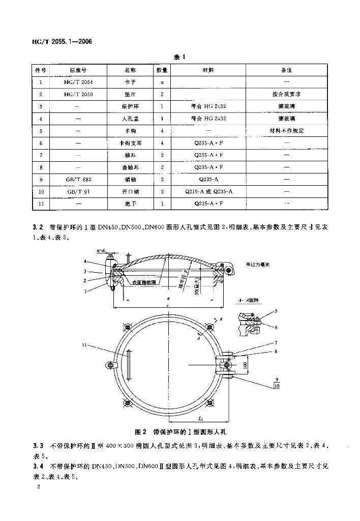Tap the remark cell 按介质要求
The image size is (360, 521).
286,94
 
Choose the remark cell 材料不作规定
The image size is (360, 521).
286,131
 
